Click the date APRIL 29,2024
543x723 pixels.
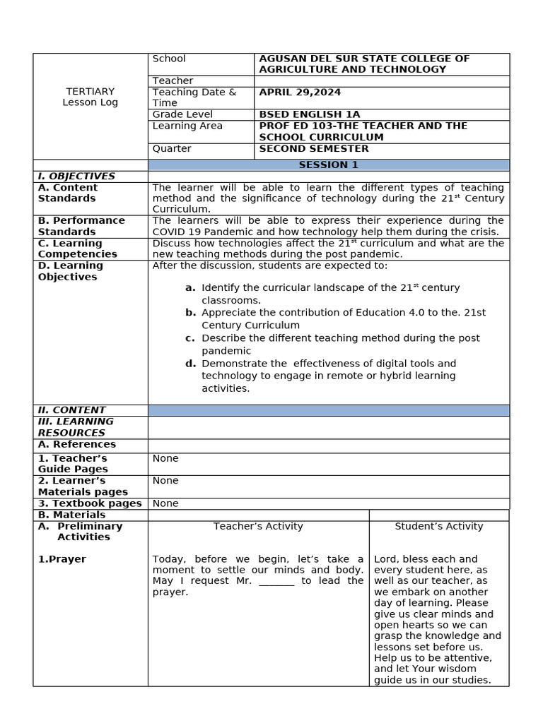[x=300, y=92]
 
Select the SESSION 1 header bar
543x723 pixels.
[x=328, y=165]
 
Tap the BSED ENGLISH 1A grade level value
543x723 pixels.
[x=310, y=114]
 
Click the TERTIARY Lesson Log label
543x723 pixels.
[x=90, y=97]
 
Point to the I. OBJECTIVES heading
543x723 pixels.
[x=76, y=176]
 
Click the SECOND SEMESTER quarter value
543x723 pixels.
[x=314, y=148]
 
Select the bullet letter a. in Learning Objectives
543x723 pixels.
[x=190, y=287]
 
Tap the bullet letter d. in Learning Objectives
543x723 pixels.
[x=190, y=364]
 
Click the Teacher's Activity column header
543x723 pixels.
[x=258, y=526]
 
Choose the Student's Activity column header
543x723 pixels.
[x=438, y=526]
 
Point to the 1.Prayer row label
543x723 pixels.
[x=62, y=559]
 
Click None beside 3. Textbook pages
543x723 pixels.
[x=165, y=503]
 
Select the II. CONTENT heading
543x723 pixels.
[x=71, y=410]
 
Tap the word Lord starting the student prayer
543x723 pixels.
[x=386, y=558]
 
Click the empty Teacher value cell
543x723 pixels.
[x=381, y=81]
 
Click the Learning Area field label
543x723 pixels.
[x=187, y=126]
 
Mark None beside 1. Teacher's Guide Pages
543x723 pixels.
[x=165, y=458]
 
